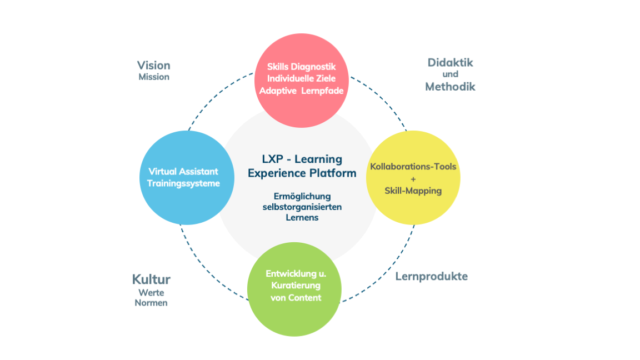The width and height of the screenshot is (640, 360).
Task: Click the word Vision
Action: pos(153,65)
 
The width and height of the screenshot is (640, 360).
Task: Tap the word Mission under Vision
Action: pos(154,77)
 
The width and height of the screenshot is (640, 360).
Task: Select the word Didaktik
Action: pos(450,62)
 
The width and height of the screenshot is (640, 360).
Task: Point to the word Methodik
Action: pos(450,86)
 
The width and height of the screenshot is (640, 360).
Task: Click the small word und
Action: pos(450,74)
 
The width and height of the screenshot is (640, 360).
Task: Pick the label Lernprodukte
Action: pos(431,276)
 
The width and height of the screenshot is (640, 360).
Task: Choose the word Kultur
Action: pos(151,279)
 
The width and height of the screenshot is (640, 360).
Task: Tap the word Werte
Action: pos(151,292)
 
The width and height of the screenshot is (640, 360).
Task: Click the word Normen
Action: pos(151,303)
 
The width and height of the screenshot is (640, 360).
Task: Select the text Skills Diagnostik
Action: pos(302,67)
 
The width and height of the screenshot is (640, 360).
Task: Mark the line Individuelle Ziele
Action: pos(302,78)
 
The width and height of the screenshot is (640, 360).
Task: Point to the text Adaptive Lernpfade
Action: pos(302,91)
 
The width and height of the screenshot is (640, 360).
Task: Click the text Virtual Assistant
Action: pos(183,171)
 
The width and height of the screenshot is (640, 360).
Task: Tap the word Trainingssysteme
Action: pos(184,183)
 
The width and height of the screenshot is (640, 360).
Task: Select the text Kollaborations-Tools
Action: pos(413,166)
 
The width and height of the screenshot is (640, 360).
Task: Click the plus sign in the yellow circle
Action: pos(413,178)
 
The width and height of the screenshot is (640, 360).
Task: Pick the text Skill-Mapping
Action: pos(413,191)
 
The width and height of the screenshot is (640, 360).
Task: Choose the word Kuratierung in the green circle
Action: pos(296,285)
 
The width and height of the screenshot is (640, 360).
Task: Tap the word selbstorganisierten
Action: pos(302,207)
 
